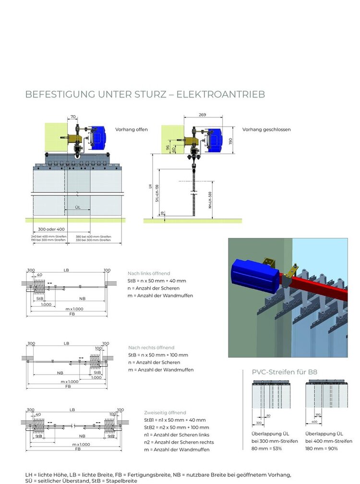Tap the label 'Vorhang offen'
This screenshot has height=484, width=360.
click(x=132, y=130)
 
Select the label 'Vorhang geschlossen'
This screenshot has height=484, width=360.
click(x=266, y=130)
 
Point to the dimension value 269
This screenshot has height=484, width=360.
click(x=202, y=115)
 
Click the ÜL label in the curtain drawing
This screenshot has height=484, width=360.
click(x=77, y=207)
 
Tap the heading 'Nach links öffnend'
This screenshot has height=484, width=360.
click(x=149, y=273)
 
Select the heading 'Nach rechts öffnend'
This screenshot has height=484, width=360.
click(x=151, y=347)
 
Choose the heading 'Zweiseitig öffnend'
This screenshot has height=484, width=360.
click(x=165, y=413)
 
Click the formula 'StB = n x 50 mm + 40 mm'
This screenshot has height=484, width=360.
click(x=156, y=281)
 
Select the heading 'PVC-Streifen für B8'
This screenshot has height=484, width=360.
click(x=285, y=372)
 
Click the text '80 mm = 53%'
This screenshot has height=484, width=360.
click(x=266, y=449)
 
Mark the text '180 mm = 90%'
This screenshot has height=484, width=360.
click(x=321, y=449)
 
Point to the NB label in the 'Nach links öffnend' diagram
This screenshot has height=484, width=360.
click(x=83, y=298)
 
